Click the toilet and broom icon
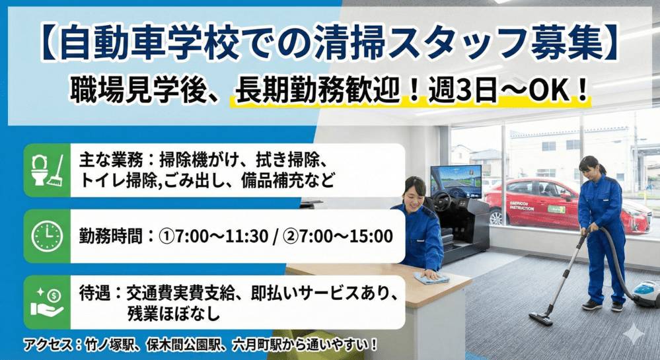[47, 170]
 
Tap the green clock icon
[47, 236]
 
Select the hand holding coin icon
[47, 302]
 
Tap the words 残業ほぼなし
[173, 313]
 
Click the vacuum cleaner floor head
[540, 318]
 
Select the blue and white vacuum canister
[645, 293]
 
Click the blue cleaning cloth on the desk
[431, 278]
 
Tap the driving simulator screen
[455, 181]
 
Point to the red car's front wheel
[497, 217]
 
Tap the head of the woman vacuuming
[589, 166]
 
